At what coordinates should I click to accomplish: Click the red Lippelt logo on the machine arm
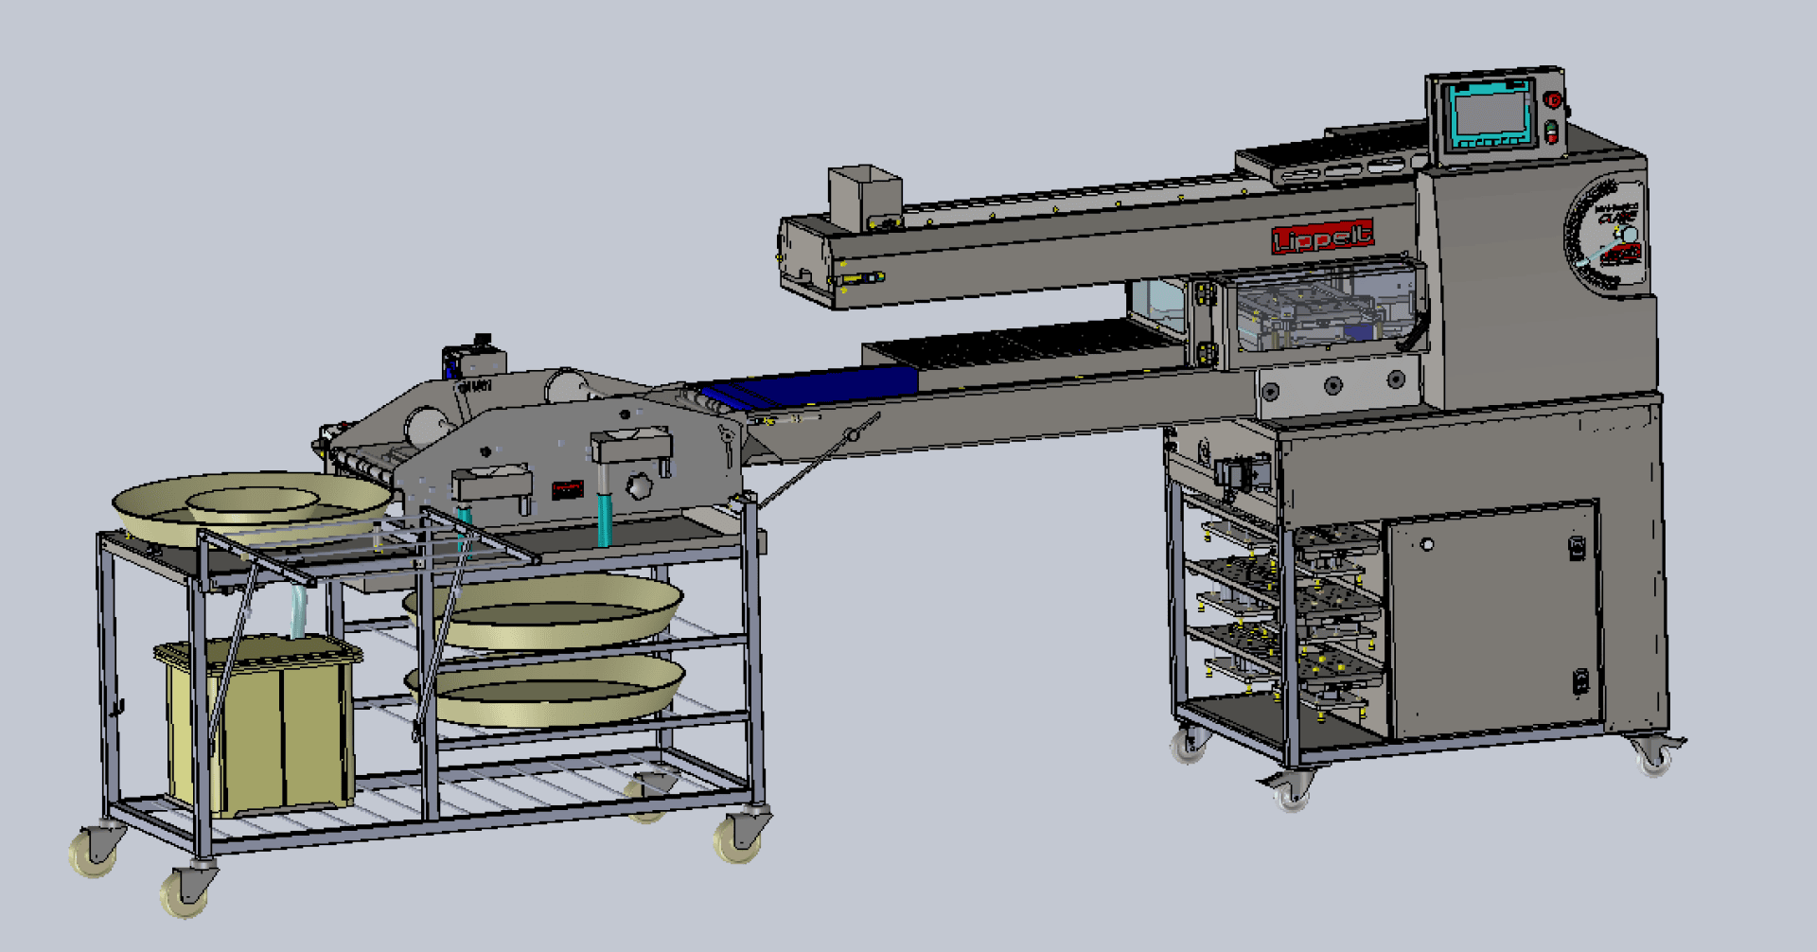(x=1322, y=237)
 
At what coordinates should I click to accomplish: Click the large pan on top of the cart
(x=251, y=506)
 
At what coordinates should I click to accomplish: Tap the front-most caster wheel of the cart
(x=185, y=890)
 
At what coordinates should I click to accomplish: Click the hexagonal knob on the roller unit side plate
(x=640, y=485)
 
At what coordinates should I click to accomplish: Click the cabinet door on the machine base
(x=1492, y=620)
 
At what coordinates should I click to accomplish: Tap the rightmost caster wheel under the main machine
(x=1654, y=756)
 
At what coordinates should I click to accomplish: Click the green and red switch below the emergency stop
(x=1551, y=132)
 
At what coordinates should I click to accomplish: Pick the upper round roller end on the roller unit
(x=566, y=387)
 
